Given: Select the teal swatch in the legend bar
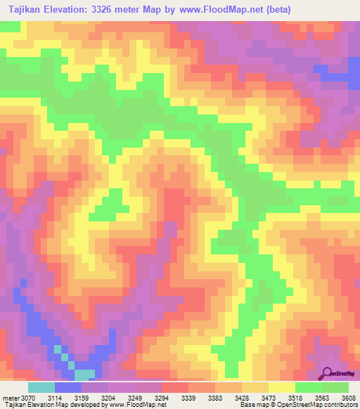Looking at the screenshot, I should [41, 387].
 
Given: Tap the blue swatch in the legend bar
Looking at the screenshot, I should [68, 387].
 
